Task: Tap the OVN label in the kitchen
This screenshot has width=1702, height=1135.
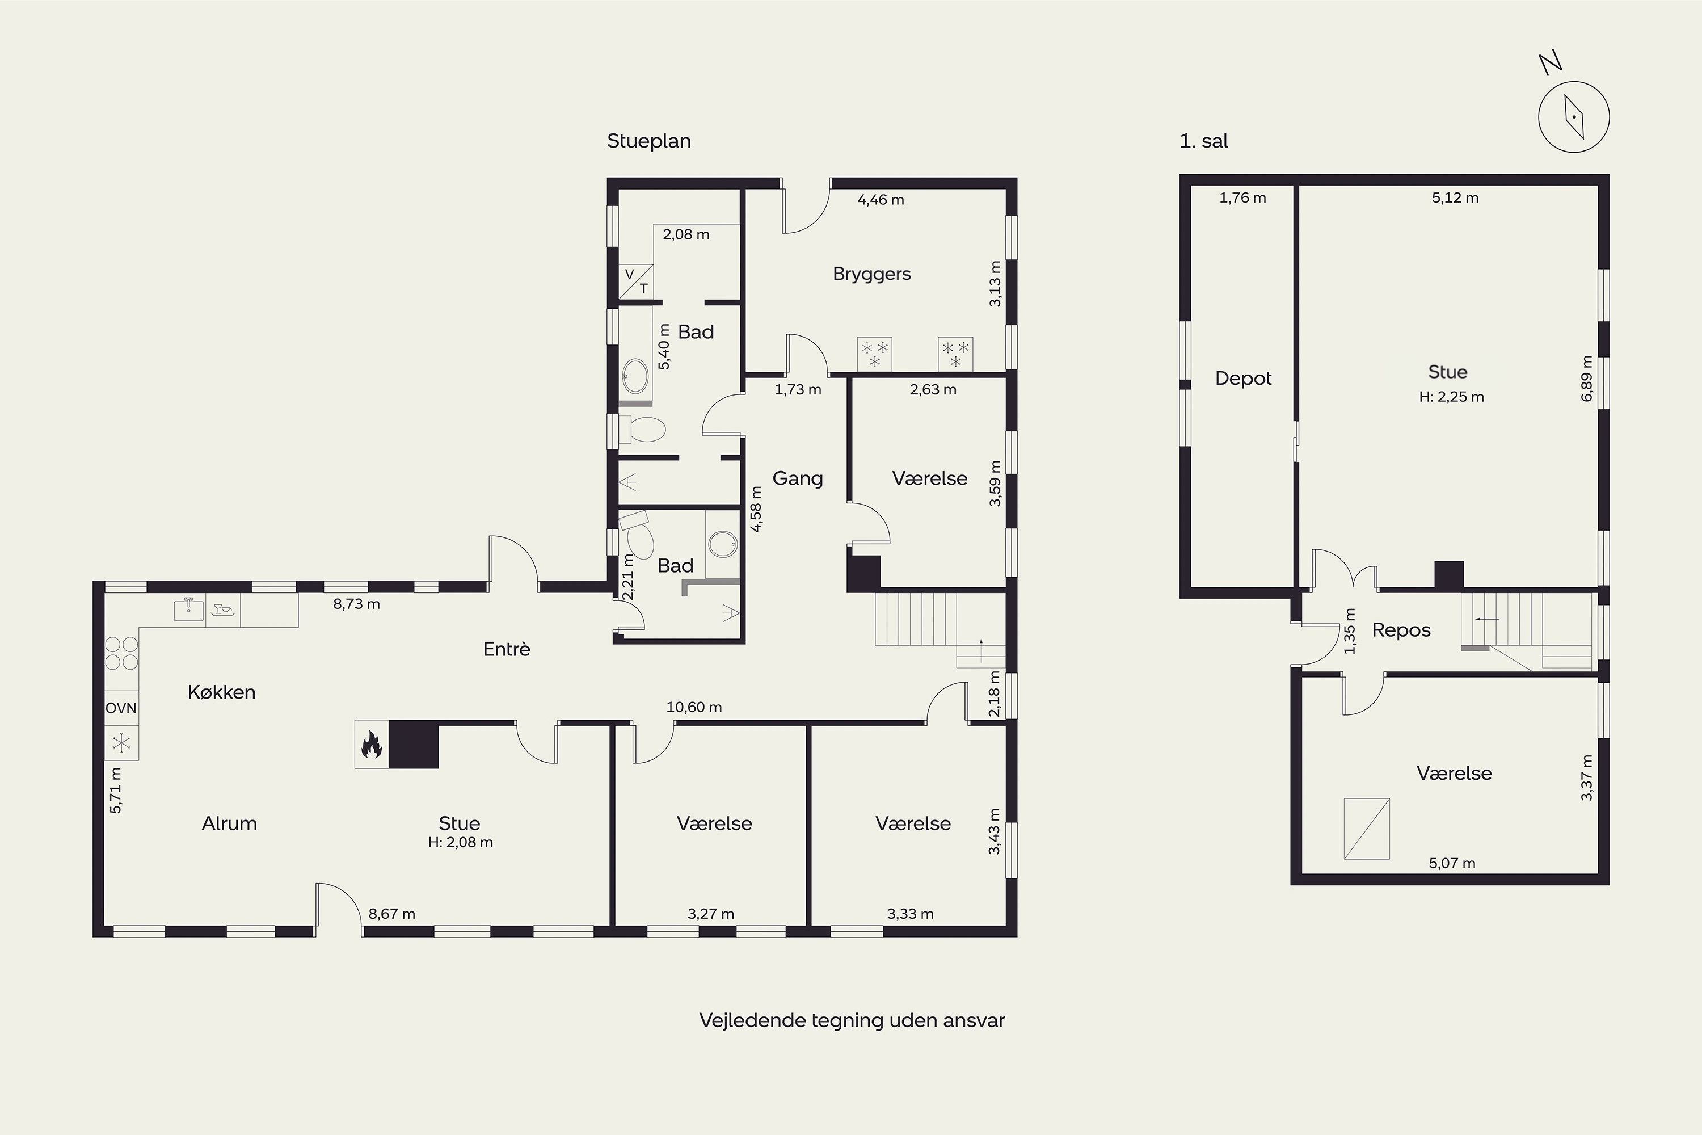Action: coord(121,708)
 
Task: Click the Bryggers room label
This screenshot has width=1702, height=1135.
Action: coord(871,274)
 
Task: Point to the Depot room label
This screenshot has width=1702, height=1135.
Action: coord(1243,379)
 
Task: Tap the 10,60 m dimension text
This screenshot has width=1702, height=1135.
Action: coord(694,707)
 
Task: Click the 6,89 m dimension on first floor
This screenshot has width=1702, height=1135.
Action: coord(1587,378)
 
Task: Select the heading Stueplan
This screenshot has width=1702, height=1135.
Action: coord(649,141)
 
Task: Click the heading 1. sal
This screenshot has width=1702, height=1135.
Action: coord(1203,141)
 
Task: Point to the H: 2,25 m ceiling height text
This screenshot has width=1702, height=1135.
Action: coord(1452,397)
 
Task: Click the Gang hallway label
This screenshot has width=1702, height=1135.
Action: coord(798,478)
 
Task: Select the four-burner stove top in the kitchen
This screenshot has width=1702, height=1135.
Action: coord(121,653)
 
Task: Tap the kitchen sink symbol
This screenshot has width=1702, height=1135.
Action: coord(189,609)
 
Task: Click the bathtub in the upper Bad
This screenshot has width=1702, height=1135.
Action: coord(636,376)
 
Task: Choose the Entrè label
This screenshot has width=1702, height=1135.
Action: coord(507,649)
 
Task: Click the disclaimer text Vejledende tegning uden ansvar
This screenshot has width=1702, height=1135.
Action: coord(852,1020)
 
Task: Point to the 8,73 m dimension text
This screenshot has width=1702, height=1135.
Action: coord(356,604)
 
